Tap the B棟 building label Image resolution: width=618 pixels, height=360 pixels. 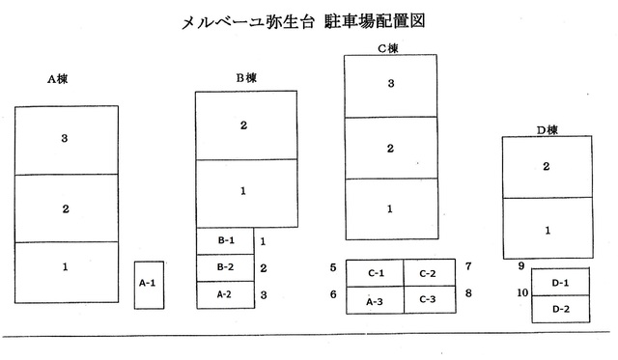click(x=246, y=77)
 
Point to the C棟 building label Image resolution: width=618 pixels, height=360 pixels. click(x=387, y=47)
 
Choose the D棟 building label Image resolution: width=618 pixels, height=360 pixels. click(x=547, y=128)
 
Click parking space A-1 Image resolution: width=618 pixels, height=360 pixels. click(x=148, y=284)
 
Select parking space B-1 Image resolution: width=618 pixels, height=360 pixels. click(x=225, y=240)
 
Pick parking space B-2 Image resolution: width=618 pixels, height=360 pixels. click(x=225, y=267)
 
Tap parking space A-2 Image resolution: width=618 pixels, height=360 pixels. click(x=225, y=294)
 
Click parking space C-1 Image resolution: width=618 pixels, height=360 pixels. click(x=375, y=274)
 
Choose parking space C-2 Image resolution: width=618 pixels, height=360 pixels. click(x=428, y=274)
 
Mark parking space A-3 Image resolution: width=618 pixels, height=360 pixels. click(x=375, y=301)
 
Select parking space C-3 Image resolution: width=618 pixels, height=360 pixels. click(x=428, y=301)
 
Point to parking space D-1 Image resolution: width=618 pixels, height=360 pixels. click(x=560, y=282)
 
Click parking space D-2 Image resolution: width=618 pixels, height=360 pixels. click(x=560, y=309)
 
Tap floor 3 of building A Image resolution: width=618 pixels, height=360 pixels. click(x=64, y=140)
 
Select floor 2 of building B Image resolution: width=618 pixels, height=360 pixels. click(x=244, y=125)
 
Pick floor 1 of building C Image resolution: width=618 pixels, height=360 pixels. click(x=390, y=208)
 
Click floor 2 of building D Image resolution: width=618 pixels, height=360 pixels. click(x=547, y=167)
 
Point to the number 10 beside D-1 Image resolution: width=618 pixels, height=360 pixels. click(x=522, y=292)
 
